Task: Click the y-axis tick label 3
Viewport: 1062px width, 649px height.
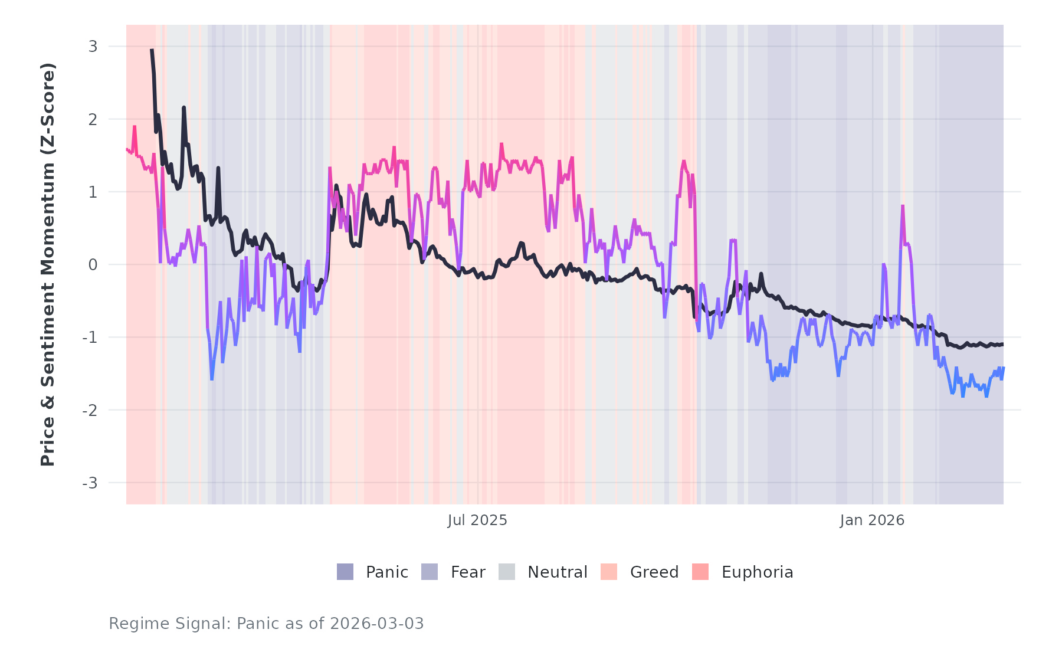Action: (93, 47)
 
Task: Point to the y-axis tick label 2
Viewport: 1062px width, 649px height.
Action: (93, 119)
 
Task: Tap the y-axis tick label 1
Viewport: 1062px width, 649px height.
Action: (93, 192)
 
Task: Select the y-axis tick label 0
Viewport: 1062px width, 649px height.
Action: (93, 265)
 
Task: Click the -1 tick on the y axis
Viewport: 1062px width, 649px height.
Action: (90, 337)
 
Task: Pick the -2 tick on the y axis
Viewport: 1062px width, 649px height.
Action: (90, 410)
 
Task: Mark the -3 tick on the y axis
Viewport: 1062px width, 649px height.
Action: (90, 483)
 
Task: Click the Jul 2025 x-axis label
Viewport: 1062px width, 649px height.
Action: (477, 520)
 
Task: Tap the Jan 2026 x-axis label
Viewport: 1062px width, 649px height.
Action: (872, 520)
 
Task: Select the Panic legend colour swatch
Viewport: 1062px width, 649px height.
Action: (345, 572)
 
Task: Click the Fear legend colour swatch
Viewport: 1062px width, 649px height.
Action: (430, 572)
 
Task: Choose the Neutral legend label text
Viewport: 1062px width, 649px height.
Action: (557, 572)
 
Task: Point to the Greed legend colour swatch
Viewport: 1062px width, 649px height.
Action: (609, 572)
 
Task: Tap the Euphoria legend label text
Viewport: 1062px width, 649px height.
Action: (757, 572)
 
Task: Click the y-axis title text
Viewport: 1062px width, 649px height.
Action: (47, 264)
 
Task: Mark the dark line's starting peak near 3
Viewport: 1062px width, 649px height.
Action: (152, 51)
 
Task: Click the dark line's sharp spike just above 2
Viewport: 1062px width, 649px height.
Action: (183, 107)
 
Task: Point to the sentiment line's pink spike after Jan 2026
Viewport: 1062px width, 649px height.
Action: (903, 206)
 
